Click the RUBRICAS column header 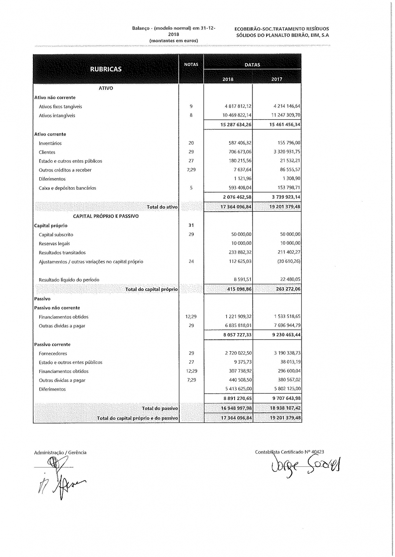click(x=106, y=69)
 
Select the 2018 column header click(x=228, y=79)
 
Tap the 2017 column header click(x=277, y=79)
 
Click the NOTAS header click(x=191, y=64)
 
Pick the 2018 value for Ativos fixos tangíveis click(x=238, y=107)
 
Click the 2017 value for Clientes click(x=286, y=152)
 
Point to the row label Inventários click(x=50, y=143)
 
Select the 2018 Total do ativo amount click(x=236, y=207)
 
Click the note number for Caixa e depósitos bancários click(x=191, y=188)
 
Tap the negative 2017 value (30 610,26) click(x=289, y=262)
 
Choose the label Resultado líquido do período click(x=69, y=280)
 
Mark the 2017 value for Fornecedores click(x=286, y=353)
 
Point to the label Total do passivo click(x=160, y=408)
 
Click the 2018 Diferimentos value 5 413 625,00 click(x=238, y=389)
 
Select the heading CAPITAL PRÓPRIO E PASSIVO click(x=106, y=216)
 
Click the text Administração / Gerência click(x=60, y=453)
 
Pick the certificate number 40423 click(x=318, y=451)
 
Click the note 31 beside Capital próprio click(x=191, y=225)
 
